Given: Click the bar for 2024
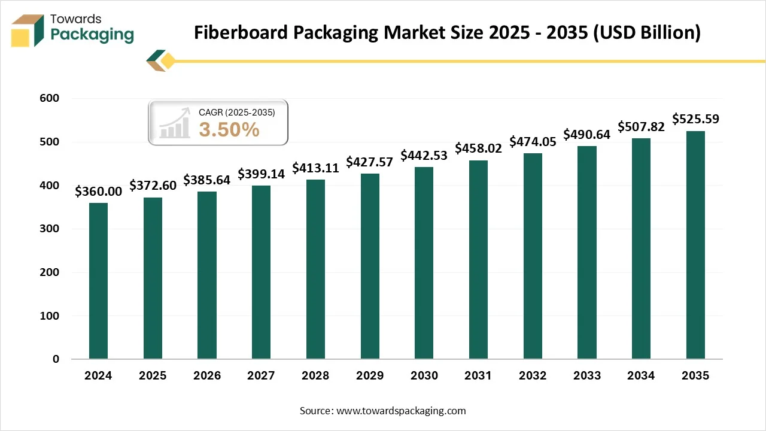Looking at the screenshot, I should click(x=98, y=281).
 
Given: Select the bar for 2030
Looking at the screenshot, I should click(x=424, y=263).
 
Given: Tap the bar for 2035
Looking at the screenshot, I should click(x=695, y=245).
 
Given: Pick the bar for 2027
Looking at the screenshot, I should click(x=261, y=272).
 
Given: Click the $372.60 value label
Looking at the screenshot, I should click(x=153, y=186).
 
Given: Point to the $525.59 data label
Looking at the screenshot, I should click(x=695, y=119).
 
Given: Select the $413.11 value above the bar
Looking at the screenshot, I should click(x=315, y=168).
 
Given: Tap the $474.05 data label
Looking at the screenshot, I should click(x=533, y=142).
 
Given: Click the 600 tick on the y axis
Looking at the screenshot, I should click(x=50, y=99).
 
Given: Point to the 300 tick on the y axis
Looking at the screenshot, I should click(x=50, y=229).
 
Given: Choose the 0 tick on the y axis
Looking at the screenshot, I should click(x=56, y=359).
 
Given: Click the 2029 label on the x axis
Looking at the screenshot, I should click(x=370, y=376).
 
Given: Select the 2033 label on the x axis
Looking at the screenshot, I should click(x=587, y=376).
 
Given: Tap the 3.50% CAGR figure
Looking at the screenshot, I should click(x=229, y=129).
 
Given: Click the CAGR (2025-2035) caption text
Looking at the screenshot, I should click(x=237, y=111).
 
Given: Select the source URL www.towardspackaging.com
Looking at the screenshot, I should click(x=401, y=411).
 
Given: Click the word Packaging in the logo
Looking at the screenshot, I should click(x=92, y=35).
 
